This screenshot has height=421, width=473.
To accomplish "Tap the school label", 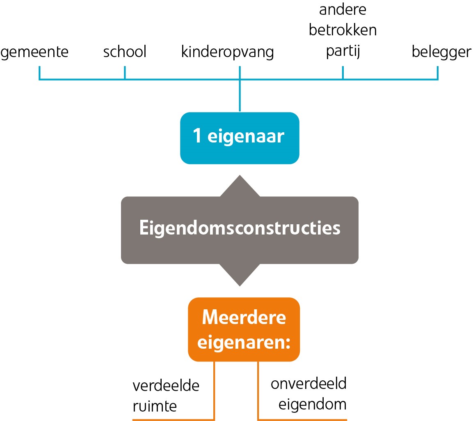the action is (125, 51).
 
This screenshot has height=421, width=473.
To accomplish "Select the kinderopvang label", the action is (227, 52).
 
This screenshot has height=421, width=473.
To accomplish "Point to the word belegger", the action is (441, 52).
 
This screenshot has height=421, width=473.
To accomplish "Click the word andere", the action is (343, 9).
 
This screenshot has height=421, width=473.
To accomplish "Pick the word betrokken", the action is (343, 30).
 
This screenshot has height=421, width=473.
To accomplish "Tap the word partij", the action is (343, 51).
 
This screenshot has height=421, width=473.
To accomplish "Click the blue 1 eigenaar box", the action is (240, 138).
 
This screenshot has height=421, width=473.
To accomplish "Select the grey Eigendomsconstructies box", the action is (240, 230).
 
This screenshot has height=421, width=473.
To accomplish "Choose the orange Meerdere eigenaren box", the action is (244, 329).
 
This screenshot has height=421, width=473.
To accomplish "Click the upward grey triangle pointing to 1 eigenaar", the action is (240, 186).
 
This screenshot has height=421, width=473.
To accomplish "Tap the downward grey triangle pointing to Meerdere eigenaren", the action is (240, 275).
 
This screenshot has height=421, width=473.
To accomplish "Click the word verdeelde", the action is (166, 386).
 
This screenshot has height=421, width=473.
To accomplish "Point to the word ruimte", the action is (155, 406).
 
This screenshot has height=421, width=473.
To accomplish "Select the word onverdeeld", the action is (308, 384).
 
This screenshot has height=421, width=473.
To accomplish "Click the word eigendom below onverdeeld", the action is (313, 405).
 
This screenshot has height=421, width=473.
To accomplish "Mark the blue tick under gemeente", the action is (39, 73).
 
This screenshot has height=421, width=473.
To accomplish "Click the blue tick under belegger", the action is (438, 73).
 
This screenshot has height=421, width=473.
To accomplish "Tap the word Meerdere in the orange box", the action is (244, 317).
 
